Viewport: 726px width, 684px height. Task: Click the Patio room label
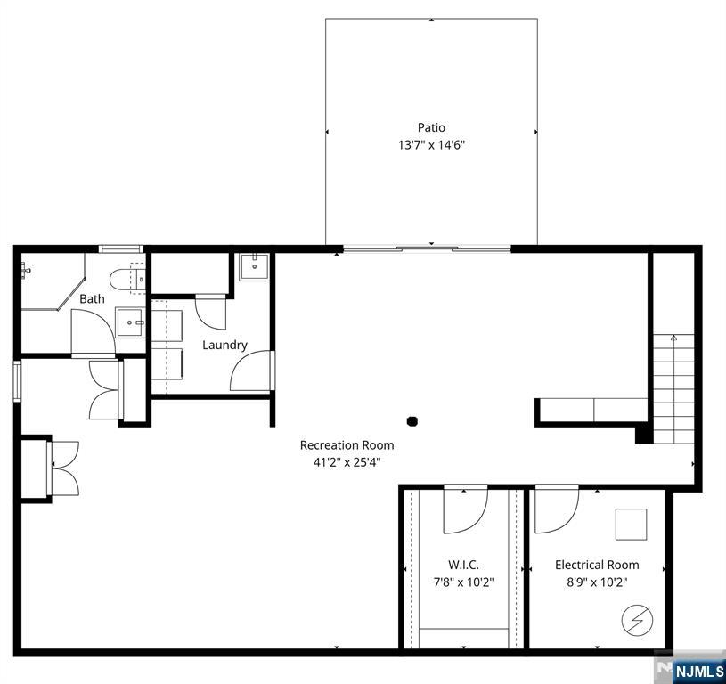point(431,127)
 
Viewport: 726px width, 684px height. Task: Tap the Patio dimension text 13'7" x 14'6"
point(431,145)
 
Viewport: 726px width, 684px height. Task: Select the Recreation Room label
point(347,445)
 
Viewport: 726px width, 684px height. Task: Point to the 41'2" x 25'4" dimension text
point(347,462)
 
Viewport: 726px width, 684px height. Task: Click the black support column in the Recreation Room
point(412,420)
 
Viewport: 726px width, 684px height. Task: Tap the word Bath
point(92,299)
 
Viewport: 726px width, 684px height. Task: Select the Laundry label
point(224,346)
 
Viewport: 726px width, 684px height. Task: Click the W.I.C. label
point(463,565)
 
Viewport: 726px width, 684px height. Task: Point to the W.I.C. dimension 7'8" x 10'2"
point(463,582)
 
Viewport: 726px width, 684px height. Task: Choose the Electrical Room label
point(597,565)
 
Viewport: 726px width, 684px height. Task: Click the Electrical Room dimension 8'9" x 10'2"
point(597,582)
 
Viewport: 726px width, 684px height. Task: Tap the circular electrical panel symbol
point(637,620)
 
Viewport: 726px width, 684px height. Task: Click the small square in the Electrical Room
point(631,525)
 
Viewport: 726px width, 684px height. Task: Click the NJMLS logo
point(697,672)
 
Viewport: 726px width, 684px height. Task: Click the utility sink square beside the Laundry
point(254,267)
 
